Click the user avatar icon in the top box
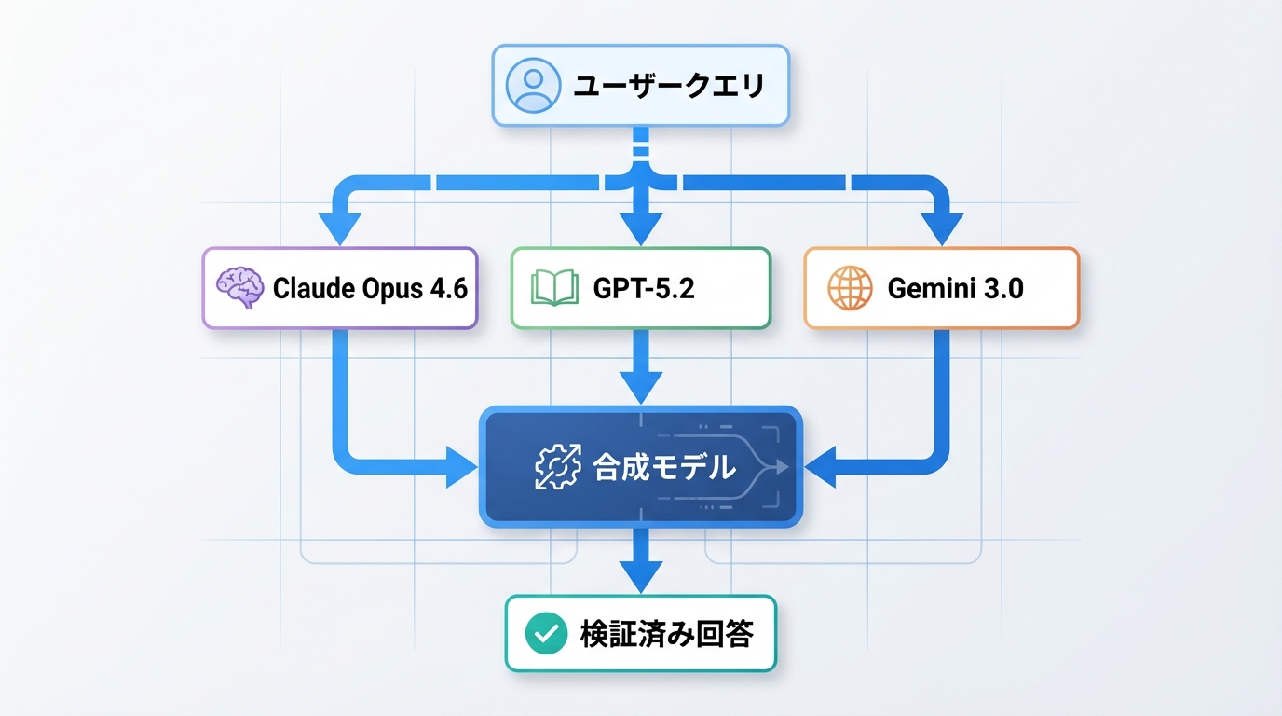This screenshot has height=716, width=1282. click(533, 86)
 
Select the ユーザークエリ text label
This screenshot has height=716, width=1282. click(668, 87)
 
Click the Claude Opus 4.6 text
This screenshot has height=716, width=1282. click(369, 288)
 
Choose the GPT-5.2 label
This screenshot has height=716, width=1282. click(644, 288)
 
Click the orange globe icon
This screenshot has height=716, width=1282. click(850, 288)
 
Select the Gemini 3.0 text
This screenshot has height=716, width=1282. click(955, 288)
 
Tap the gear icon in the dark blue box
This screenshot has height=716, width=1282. click(557, 467)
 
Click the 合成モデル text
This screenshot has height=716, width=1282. click(663, 467)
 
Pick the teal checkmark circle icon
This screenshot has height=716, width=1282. click(545, 634)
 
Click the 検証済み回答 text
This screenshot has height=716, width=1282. click(666, 634)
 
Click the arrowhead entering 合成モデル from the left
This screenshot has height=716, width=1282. click(461, 467)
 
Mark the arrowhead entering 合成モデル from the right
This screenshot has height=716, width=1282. click(820, 467)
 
